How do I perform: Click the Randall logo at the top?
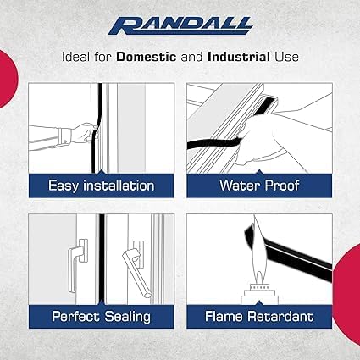(x=180, y=26)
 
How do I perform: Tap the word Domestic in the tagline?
(x=147, y=57)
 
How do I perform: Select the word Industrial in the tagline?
(x=239, y=57)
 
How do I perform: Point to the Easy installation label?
(x=102, y=186)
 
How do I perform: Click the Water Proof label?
(x=259, y=186)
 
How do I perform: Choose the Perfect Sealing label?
(x=102, y=317)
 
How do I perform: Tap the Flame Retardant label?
(x=259, y=316)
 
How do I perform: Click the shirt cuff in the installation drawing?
(x=64, y=136)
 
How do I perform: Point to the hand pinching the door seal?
(x=86, y=132)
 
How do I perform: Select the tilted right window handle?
(x=137, y=269)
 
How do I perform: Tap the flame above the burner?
(x=258, y=248)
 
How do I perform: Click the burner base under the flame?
(x=259, y=294)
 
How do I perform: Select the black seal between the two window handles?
(x=102, y=259)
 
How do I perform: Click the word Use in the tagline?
(x=286, y=57)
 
